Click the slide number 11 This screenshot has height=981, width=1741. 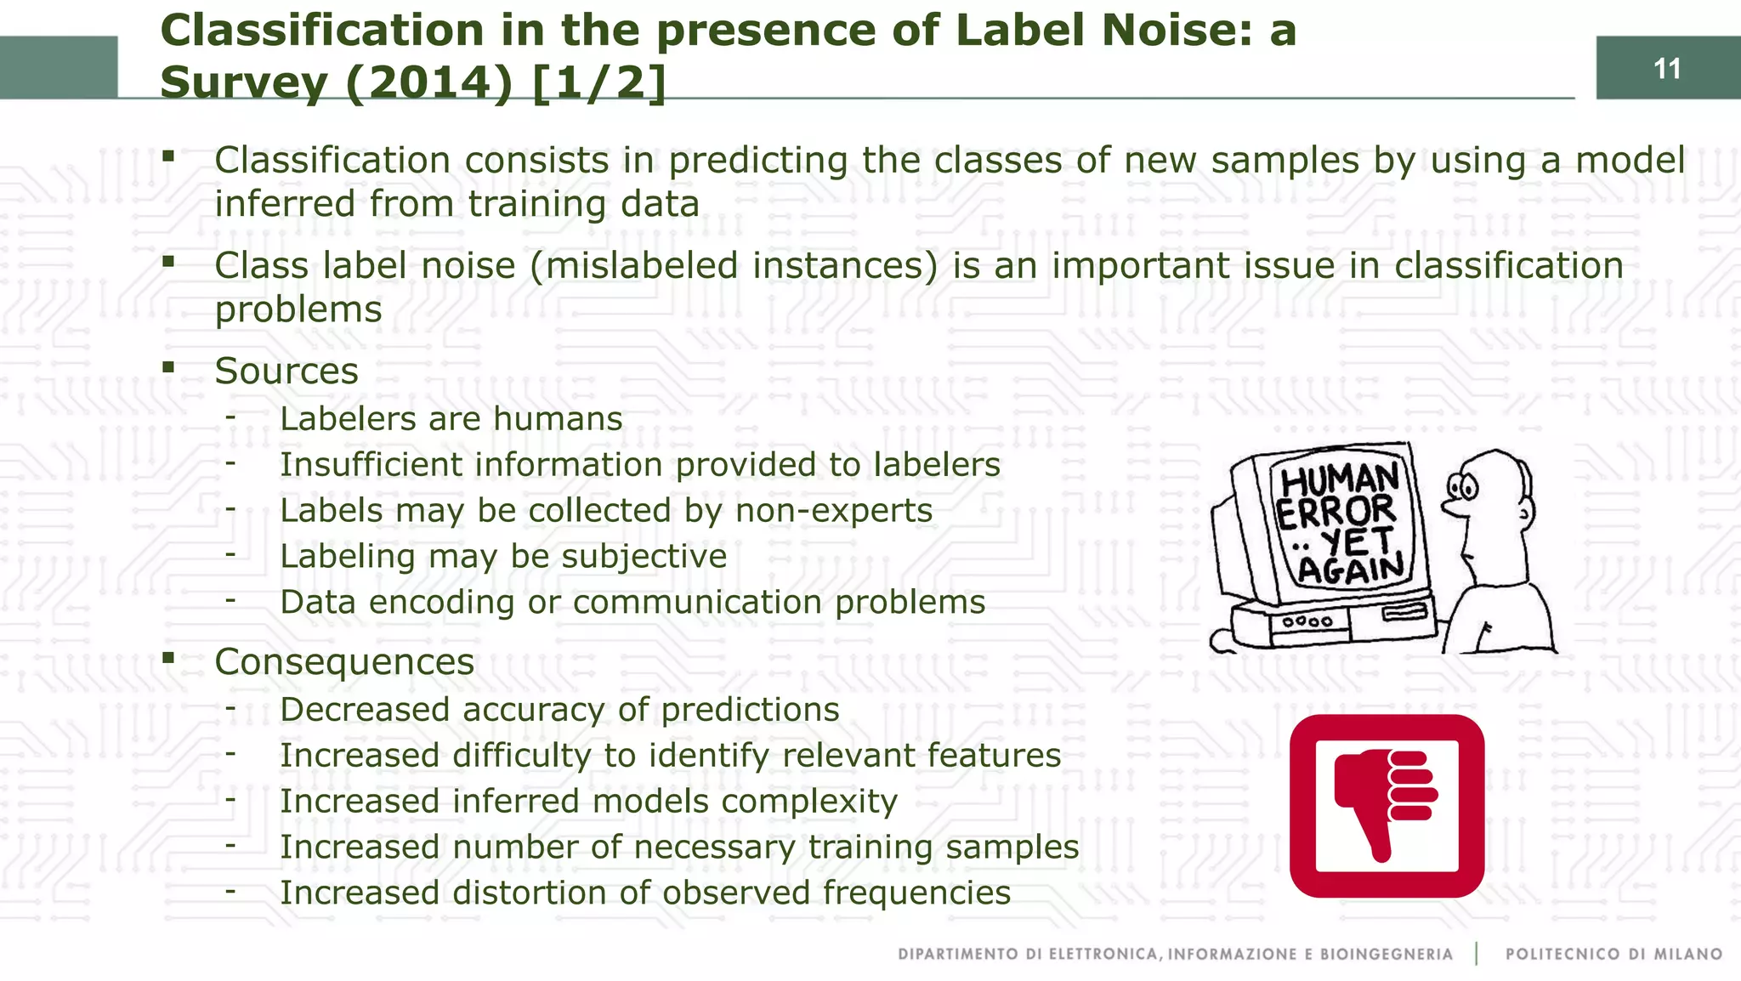coord(1667,68)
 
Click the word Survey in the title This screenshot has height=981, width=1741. coord(243,82)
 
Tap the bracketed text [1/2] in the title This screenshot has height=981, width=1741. coord(598,82)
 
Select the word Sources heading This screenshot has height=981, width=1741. coord(286,371)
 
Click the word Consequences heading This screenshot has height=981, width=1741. coord(344,662)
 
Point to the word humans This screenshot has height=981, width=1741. coord(558,419)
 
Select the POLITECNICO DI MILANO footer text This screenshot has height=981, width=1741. coord(1613,954)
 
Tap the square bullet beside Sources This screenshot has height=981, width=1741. coord(168,368)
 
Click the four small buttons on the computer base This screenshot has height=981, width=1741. coord(1307,621)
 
